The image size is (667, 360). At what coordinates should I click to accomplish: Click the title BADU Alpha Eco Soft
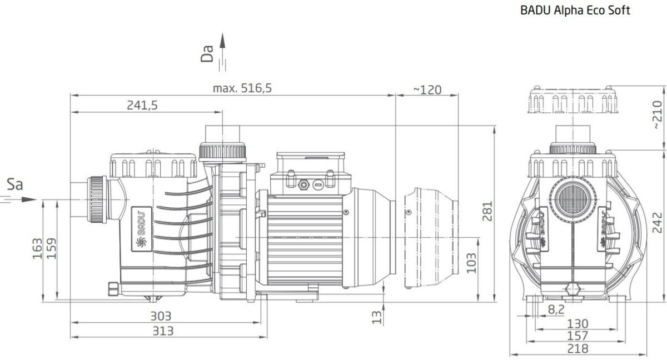coord(575,11)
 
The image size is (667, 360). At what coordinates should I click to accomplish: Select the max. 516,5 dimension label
coord(242,88)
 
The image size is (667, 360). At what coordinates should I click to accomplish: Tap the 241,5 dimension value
coord(142,106)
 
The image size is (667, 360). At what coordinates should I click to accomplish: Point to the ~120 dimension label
coord(427,90)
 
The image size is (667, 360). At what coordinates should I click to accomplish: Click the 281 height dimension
coord(487,211)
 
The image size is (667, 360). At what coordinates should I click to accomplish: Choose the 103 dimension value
coord(471,263)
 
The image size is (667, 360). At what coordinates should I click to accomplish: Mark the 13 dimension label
coord(376,317)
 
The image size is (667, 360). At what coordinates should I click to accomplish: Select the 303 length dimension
coord(161,316)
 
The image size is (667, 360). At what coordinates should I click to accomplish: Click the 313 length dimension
coord(163,331)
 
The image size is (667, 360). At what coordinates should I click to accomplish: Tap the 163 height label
coord(38,249)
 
